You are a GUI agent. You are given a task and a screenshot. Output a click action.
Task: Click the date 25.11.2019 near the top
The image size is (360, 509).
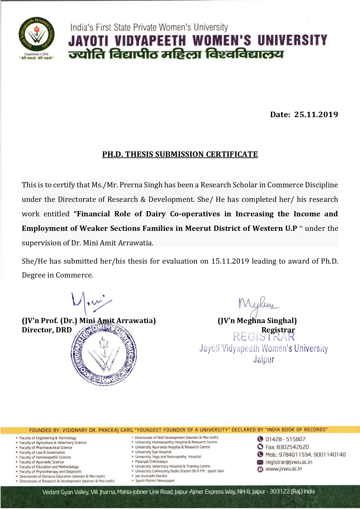point(316,115)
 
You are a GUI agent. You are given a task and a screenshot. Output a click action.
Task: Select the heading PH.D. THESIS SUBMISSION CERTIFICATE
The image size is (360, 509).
point(180,154)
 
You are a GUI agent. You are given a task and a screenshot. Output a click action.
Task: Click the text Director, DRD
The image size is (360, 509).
point(47,330)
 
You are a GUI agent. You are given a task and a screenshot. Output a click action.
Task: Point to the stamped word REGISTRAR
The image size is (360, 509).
point(264,337)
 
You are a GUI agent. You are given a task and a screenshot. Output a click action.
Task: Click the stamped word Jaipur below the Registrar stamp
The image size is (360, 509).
point(263,360)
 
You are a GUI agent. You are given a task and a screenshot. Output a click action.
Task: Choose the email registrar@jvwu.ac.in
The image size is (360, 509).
point(289,462)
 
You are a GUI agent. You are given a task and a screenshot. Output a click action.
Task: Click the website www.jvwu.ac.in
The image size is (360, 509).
point(283,469)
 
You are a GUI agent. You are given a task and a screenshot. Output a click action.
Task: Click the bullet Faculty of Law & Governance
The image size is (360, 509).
point(42,452)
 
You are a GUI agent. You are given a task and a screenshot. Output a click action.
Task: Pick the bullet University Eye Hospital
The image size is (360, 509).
point(153,452)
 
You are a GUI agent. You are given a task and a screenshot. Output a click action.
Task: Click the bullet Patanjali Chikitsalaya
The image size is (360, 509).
point(151,461)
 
